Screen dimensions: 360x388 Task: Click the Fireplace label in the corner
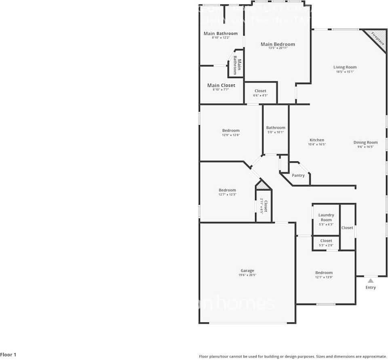[x=377, y=38]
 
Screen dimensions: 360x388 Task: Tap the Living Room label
[x=345, y=67]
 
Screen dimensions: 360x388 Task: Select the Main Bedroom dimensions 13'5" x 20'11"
[x=278, y=48]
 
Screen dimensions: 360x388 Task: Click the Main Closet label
[x=221, y=85]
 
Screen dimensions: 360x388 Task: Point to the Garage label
[x=247, y=271]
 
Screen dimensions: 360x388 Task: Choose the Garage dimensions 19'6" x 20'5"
[x=247, y=275]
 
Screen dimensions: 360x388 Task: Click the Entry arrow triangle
[x=371, y=280]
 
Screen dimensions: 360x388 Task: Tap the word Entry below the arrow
[x=371, y=288]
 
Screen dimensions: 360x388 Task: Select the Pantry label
[x=298, y=176]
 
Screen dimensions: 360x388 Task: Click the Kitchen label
[x=317, y=140]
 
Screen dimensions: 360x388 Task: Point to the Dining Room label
[x=365, y=142]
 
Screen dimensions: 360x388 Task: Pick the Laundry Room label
[x=326, y=218]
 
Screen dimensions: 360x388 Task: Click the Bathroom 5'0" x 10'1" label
[x=276, y=128]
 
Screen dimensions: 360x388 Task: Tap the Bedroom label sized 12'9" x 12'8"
[x=231, y=130]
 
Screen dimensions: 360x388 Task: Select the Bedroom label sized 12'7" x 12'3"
[x=227, y=190]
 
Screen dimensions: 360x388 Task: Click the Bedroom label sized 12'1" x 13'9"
[x=324, y=273]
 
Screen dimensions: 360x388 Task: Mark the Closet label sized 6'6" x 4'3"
[x=260, y=91]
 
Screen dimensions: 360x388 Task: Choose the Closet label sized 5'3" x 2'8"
[x=326, y=241]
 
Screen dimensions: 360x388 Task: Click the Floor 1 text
[x=8, y=355]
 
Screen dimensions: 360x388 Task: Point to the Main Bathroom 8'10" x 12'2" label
[x=221, y=34]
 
